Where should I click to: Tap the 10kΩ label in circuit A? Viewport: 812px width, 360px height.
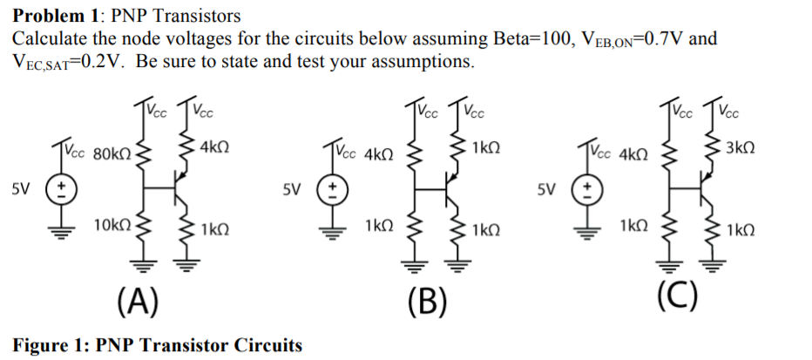click(x=112, y=226)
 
